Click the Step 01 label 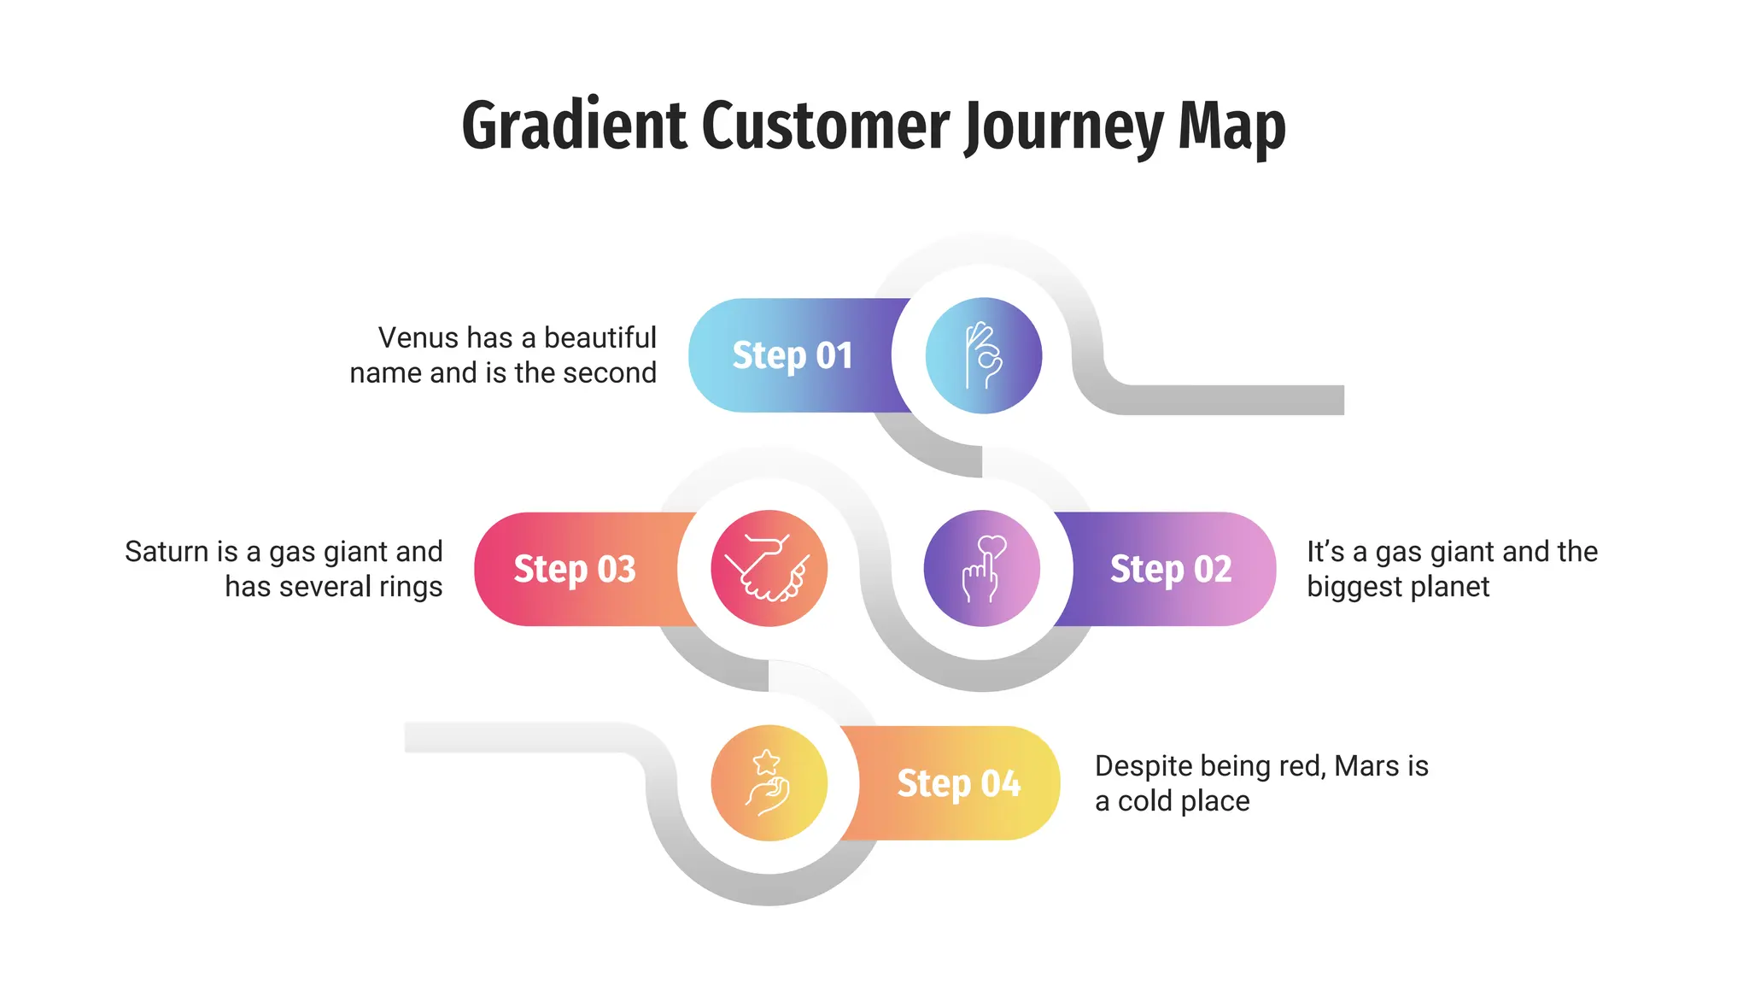(793, 355)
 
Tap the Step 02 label (1171, 569)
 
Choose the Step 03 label (575, 569)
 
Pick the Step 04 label (958, 783)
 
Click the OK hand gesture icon (983, 355)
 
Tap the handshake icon (769, 569)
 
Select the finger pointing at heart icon (982, 569)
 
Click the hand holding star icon (769, 783)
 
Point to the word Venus (418, 338)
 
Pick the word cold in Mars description (1149, 801)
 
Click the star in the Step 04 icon (767, 760)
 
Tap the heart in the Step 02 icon (991, 545)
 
